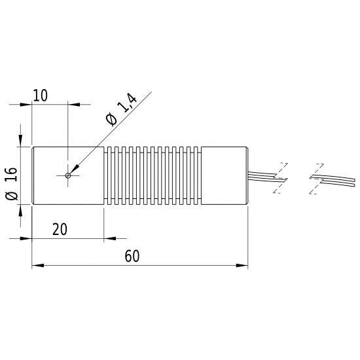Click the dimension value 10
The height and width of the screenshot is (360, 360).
point(40,96)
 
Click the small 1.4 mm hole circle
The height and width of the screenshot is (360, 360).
point(68,175)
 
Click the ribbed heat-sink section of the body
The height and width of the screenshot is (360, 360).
point(152,175)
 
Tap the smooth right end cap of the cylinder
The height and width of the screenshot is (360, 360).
point(224,175)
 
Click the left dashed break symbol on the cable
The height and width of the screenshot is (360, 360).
point(282,177)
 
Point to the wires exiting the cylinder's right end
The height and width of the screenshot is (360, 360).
point(262,175)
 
